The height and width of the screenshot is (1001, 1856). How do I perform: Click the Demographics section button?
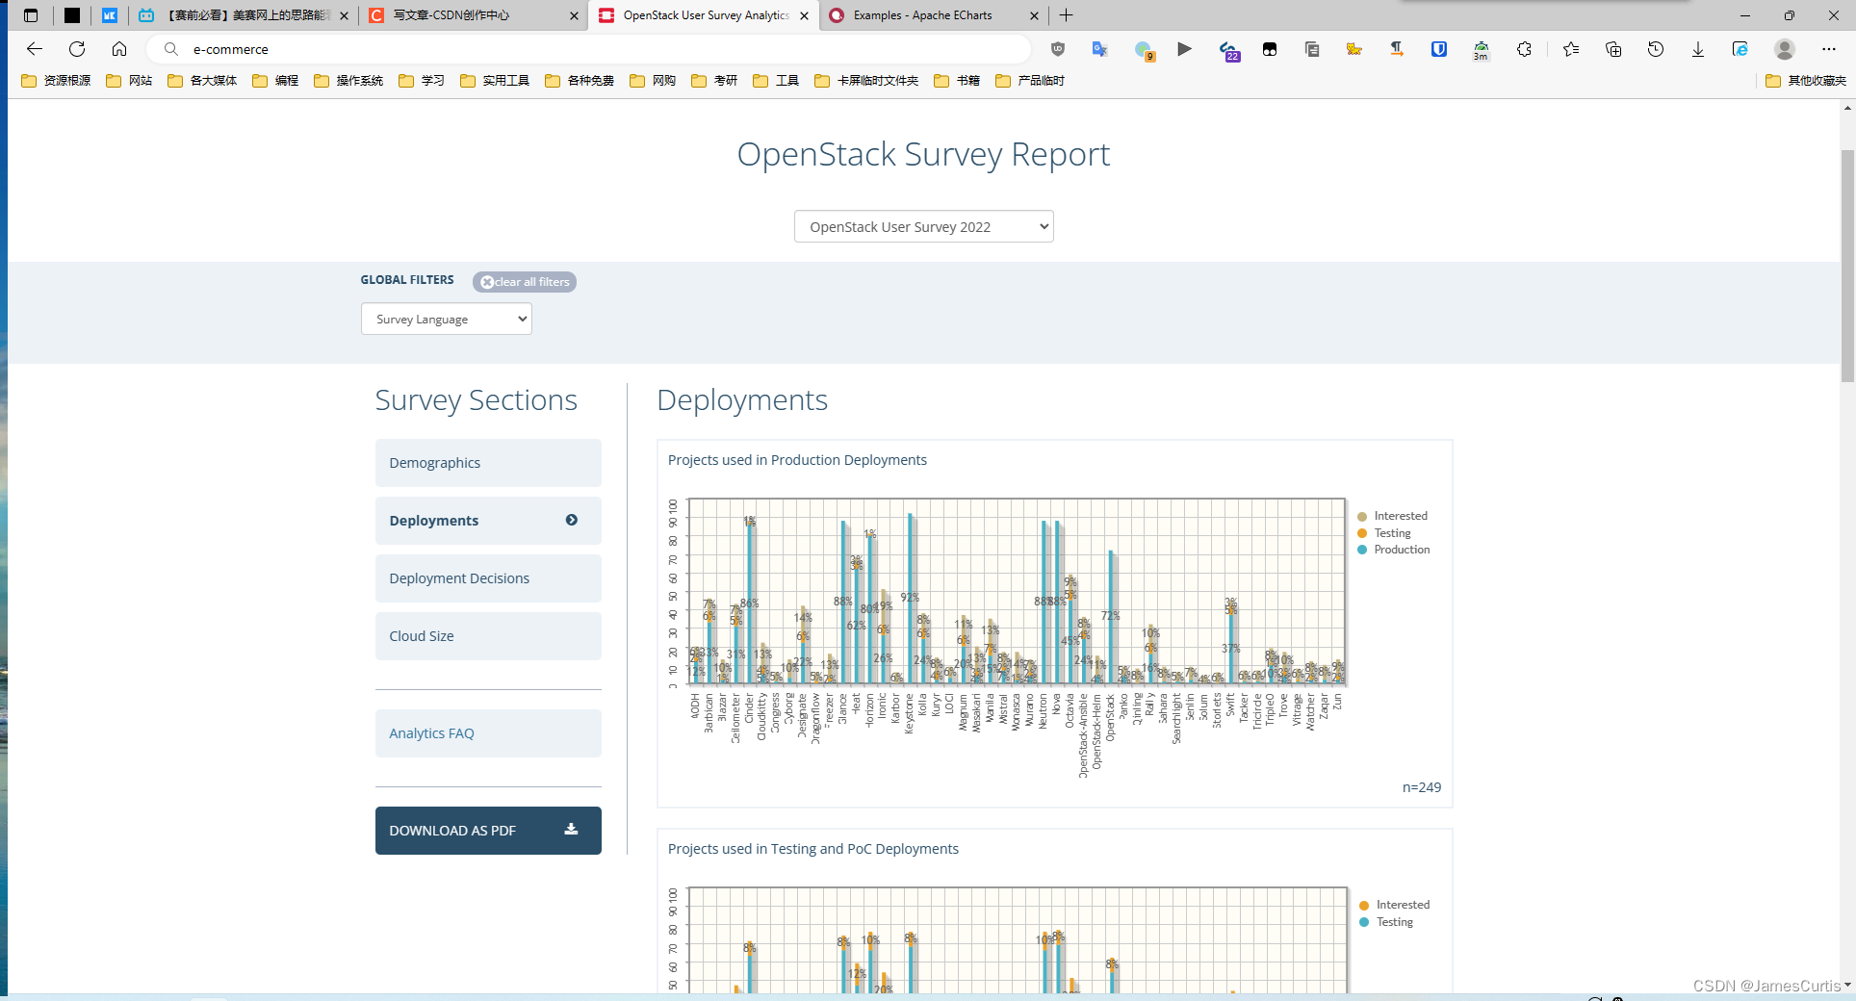[x=488, y=463]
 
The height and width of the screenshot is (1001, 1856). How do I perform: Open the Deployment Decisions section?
[x=488, y=578]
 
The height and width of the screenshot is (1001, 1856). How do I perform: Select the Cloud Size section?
[x=488, y=636]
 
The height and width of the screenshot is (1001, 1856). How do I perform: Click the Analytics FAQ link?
[x=488, y=733]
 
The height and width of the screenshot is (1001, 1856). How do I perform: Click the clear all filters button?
[x=525, y=282]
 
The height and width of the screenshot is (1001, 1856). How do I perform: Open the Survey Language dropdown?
[x=447, y=320]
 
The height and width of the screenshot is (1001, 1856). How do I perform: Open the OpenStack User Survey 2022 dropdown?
[x=923, y=227]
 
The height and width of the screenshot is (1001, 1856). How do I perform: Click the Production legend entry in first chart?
[x=1401, y=550]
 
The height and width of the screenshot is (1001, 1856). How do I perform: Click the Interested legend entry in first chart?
[x=1400, y=516]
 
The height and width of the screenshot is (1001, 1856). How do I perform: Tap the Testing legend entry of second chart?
[x=1394, y=922]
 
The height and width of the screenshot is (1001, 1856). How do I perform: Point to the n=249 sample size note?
[x=1421, y=787]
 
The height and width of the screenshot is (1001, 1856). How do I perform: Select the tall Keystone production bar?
[x=910, y=597]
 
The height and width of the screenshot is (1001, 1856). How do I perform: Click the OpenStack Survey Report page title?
[x=923, y=154]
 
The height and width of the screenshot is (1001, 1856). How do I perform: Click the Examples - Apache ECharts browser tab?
[x=922, y=15]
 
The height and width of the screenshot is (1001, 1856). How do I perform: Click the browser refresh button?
[x=77, y=49]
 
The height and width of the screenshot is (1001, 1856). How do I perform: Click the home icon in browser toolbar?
[x=119, y=49]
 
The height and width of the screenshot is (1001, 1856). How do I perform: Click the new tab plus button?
[x=1067, y=15]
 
